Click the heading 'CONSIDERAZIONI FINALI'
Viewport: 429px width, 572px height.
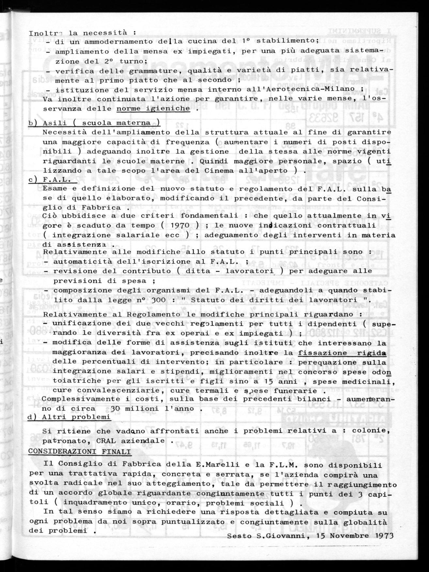(80, 452)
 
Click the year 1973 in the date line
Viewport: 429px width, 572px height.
(384, 536)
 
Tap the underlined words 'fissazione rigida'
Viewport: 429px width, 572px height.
(342, 353)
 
